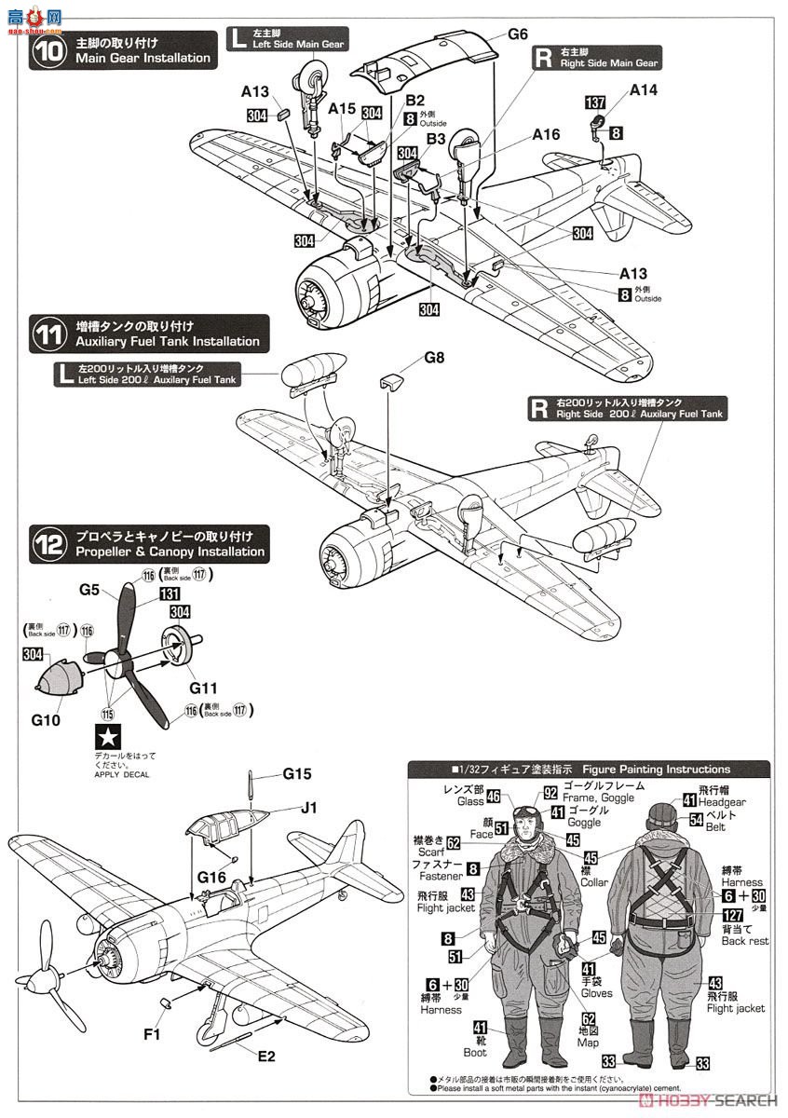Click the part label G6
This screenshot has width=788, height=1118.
519,35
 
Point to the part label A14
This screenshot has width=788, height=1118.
644,90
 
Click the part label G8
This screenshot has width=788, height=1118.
435,357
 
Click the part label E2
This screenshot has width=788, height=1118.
267,1056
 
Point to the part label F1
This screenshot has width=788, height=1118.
152,1033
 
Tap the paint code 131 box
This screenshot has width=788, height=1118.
170,593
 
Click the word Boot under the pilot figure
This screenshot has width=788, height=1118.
475,1053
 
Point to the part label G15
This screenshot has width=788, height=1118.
297,773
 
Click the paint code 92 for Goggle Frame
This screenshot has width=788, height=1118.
550,794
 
